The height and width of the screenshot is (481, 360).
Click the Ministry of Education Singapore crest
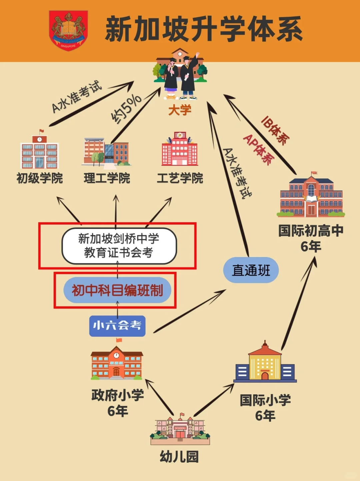coord(68,30)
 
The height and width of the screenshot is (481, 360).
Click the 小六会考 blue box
coord(117,326)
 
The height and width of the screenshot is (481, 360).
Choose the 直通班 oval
coord(251,270)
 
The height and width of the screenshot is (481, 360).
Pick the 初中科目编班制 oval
coord(117,290)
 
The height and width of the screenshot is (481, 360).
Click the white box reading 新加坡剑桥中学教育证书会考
coord(119,246)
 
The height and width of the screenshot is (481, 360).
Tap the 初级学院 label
coord(40,178)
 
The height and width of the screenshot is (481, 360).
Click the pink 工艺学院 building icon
coord(180,149)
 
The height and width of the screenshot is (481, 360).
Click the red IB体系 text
coord(275,130)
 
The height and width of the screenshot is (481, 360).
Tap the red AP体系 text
coord(259,149)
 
